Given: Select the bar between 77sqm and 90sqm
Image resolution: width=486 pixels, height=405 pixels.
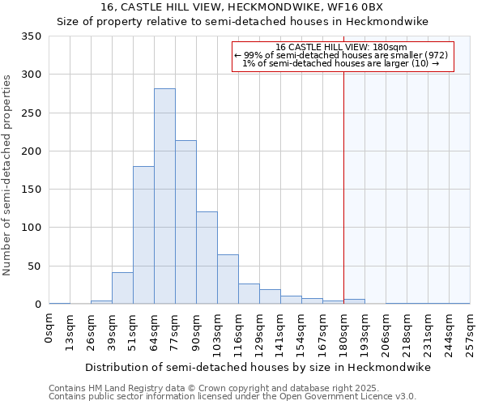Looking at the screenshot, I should (185, 222).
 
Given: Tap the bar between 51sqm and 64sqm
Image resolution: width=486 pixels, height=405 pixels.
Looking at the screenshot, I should (143, 235).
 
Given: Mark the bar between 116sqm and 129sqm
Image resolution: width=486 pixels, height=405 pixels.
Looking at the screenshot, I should (249, 294).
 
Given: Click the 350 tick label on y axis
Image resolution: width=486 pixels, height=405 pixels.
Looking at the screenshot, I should (31, 36).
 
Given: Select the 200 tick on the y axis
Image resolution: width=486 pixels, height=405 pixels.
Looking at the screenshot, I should (31, 151).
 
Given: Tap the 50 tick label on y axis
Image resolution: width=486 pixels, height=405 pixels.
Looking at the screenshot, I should (34, 266).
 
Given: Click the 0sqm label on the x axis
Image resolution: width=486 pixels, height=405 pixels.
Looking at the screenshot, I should (49, 329).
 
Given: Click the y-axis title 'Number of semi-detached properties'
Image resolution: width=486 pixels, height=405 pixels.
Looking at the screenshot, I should (7, 175).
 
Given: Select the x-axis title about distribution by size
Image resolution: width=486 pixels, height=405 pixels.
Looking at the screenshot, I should (258, 367).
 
